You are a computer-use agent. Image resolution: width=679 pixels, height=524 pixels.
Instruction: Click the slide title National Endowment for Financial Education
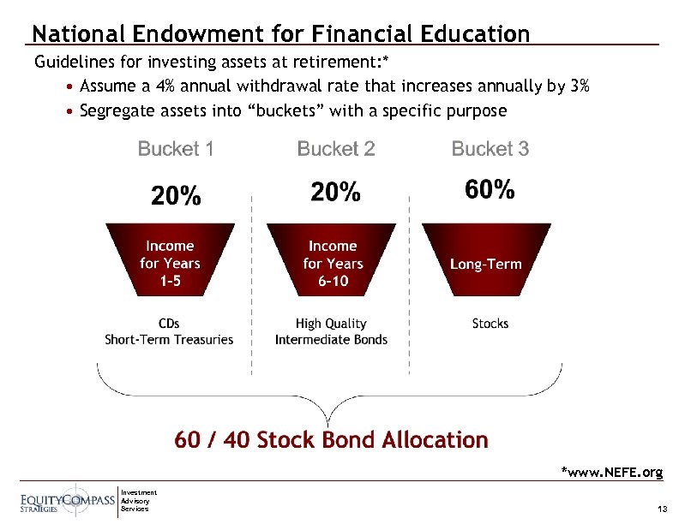pyautogui.click(x=280, y=33)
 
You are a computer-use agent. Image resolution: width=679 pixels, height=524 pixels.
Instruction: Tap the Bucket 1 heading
pyautogui.click(x=176, y=149)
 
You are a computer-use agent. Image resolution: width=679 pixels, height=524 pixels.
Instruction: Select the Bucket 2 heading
pyautogui.click(x=335, y=149)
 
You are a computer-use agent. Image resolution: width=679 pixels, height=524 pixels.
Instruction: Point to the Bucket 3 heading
pyautogui.click(x=490, y=149)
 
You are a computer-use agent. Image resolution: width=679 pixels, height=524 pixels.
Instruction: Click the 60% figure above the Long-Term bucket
pyautogui.click(x=490, y=189)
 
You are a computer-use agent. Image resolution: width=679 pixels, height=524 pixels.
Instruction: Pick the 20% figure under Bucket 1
pyautogui.click(x=176, y=196)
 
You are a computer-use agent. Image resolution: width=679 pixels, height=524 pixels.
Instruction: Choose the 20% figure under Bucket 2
pyautogui.click(x=335, y=193)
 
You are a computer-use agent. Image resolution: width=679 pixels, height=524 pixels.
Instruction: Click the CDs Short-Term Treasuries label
pyautogui.click(x=169, y=331)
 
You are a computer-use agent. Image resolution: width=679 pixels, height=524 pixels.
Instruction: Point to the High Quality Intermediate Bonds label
pyautogui.click(x=331, y=331)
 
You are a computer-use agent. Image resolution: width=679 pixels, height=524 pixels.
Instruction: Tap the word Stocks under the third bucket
pyautogui.click(x=490, y=324)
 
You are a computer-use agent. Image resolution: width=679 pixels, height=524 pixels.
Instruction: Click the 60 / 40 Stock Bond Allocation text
pyautogui.click(x=331, y=440)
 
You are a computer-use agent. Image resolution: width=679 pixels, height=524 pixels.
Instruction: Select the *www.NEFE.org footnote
pyautogui.click(x=611, y=472)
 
